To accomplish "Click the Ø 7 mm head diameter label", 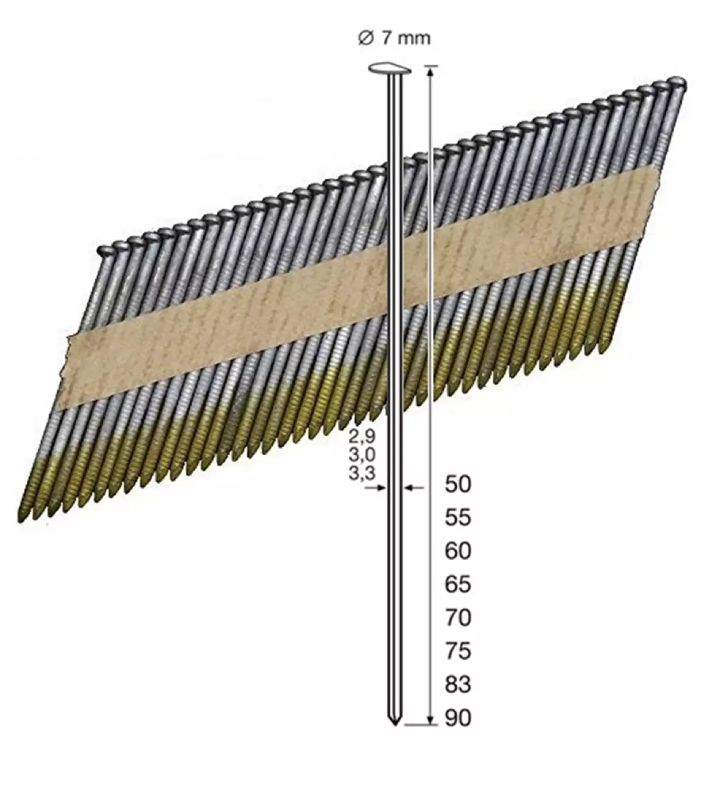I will point(394,38).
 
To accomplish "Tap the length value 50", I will point(457,484).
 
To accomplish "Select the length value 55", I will point(457,518).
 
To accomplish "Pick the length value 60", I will point(457,551).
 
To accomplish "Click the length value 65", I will point(457,584).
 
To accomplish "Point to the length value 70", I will point(457,617).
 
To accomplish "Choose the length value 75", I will point(457,651).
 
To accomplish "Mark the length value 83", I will point(457,685).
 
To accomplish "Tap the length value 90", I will point(457,718).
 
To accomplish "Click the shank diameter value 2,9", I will point(362,436).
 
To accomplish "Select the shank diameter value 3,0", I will point(362,454).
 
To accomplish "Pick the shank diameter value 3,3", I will point(362,472).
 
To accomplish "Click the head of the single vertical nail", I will point(390,69).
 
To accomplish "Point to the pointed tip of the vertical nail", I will point(394,723).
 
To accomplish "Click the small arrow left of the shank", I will point(376,488).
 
